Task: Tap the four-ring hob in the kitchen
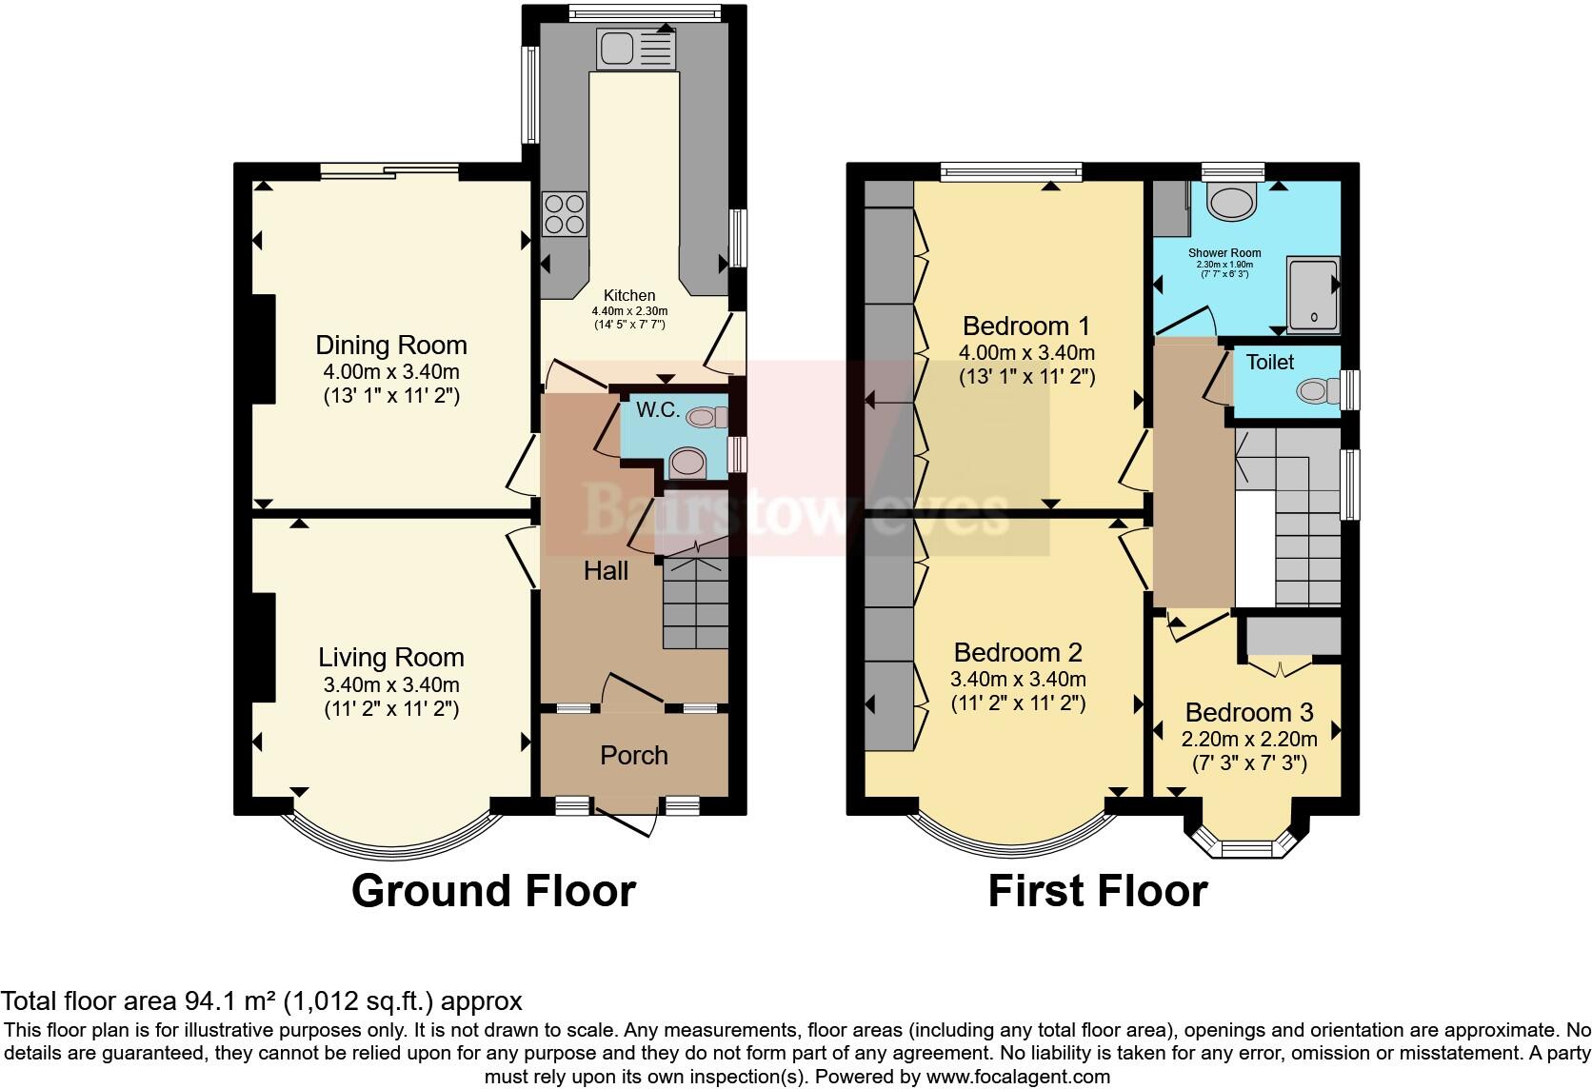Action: click(x=564, y=214)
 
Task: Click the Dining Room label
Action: click(x=391, y=345)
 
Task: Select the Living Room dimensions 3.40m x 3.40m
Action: click(x=391, y=684)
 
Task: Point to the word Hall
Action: click(x=606, y=570)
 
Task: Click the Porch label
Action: click(x=633, y=755)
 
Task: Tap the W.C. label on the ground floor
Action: click(x=657, y=410)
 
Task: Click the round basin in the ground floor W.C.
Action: click(x=687, y=464)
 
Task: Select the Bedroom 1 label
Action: click(x=1025, y=326)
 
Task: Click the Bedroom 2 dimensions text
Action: click(x=1018, y=680)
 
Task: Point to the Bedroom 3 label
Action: click(x=1248, y=712)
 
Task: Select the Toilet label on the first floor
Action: click(x=1269, y=362)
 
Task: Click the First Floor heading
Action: click(x=1097, y=891)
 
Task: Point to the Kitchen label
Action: click(x=629, y=295)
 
